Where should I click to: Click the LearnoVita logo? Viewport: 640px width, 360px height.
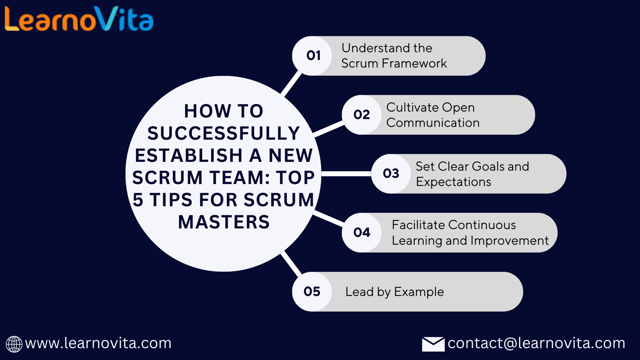coord(79,19)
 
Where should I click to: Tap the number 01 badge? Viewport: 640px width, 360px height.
coord(313,56)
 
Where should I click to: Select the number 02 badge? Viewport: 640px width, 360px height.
coord(362,115)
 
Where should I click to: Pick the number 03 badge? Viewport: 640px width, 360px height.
coord(391,174)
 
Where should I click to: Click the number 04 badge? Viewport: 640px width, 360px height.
coord(362,232)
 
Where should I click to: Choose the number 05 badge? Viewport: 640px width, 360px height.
coord(312,292)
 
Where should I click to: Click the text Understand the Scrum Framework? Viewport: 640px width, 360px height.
coord(394,56)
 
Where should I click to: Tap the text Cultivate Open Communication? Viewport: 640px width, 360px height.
coord(432,115)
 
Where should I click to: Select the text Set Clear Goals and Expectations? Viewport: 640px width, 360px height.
coord(472,174)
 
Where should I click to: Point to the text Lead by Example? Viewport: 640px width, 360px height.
coord(394,292)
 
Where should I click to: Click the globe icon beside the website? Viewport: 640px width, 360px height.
coord(14,344)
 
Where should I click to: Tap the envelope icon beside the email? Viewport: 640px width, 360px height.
coord(433,344)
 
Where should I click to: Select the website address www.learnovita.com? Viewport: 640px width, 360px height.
coord(98,343)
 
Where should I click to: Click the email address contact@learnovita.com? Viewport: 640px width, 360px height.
coord(536,343)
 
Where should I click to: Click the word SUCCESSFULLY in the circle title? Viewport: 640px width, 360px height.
coord(224,134)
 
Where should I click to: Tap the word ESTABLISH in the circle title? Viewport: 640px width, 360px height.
coord(188,156)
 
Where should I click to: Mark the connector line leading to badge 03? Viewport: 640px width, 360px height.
coord(346,174)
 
